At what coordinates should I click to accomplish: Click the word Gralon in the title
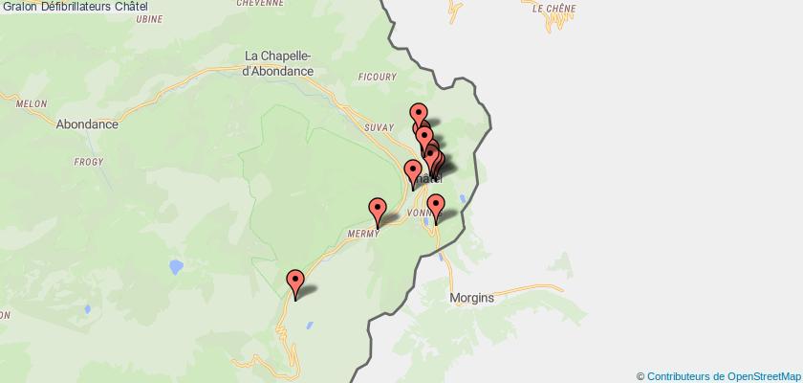coord(19,7)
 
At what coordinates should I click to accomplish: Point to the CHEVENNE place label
coord(260,3)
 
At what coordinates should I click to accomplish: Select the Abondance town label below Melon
coord(87,124)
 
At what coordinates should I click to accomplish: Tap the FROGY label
coord(89,162)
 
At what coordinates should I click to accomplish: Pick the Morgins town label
coord(471,297)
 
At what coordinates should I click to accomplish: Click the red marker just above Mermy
coord(378,210)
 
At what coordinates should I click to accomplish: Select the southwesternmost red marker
coord(295,282)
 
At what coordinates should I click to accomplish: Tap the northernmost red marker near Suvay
coord(418,115)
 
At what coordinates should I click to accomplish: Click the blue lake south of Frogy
coord(176,265)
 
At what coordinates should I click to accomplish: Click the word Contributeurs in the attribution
coord(680,375)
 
